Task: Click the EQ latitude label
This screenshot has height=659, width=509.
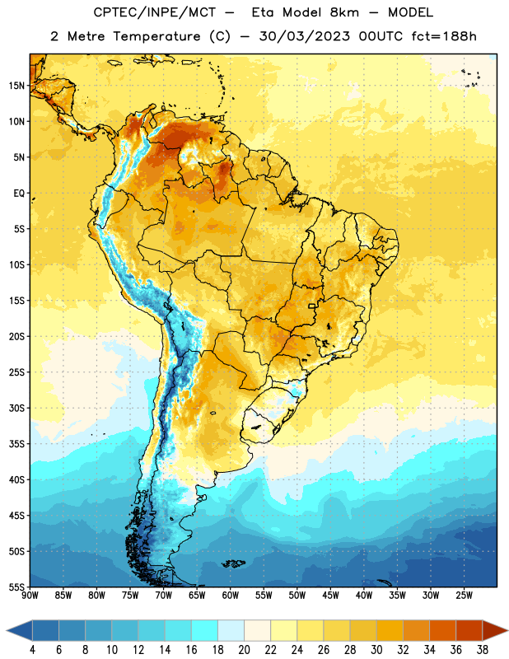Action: [x=19, y=194]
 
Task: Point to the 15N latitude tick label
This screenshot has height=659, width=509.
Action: [x=16, y=86]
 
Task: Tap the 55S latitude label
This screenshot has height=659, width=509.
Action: [x=16, y=587]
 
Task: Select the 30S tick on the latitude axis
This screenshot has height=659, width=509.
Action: [x=16, y=408]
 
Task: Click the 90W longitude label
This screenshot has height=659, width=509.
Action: [x=30, y=595]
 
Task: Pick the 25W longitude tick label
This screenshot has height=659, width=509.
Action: [x=464, y=595]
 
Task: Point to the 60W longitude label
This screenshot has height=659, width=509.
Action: [x=231, y=595]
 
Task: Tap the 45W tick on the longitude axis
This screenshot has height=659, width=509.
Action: [x=330, y=595]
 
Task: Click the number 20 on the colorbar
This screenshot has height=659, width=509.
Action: [x=244, y=650]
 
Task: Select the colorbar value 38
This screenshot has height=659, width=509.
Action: [x=482, y=650]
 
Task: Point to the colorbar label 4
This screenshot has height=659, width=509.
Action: [x=32, y=650]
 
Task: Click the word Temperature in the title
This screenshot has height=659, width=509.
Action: [x=156, y=36]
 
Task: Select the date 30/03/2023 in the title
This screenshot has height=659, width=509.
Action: [x=304, y=36]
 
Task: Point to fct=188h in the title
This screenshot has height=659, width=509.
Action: [x=444, y=36]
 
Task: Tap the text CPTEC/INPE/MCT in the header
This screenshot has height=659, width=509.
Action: [x=154, y=12]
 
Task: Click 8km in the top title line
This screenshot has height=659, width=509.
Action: [x=344, y=12]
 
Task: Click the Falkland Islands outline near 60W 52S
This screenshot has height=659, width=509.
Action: [x=233, y=563]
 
